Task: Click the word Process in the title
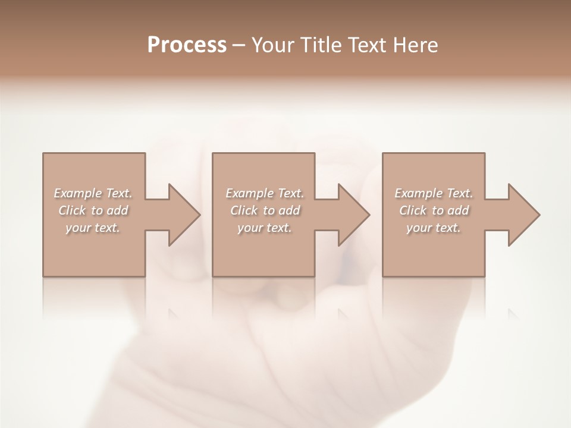(x=187, y=45)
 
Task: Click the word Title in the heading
(x=325, y=45)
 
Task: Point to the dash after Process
(x=239, y=46)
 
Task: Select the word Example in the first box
(x=78, y=193)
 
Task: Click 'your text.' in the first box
(x=93, y=228)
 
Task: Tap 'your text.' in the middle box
(x=265, y=228)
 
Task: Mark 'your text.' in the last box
(x=434, y=228)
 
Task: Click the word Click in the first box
(x=72, y=210)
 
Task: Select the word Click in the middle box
(x=244, y=210)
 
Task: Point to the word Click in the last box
(x=413, y=210)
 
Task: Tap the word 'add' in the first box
(x=117, y=210)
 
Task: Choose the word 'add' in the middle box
(x=289, y=210)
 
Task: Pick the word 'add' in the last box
(x=458, y=210)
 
